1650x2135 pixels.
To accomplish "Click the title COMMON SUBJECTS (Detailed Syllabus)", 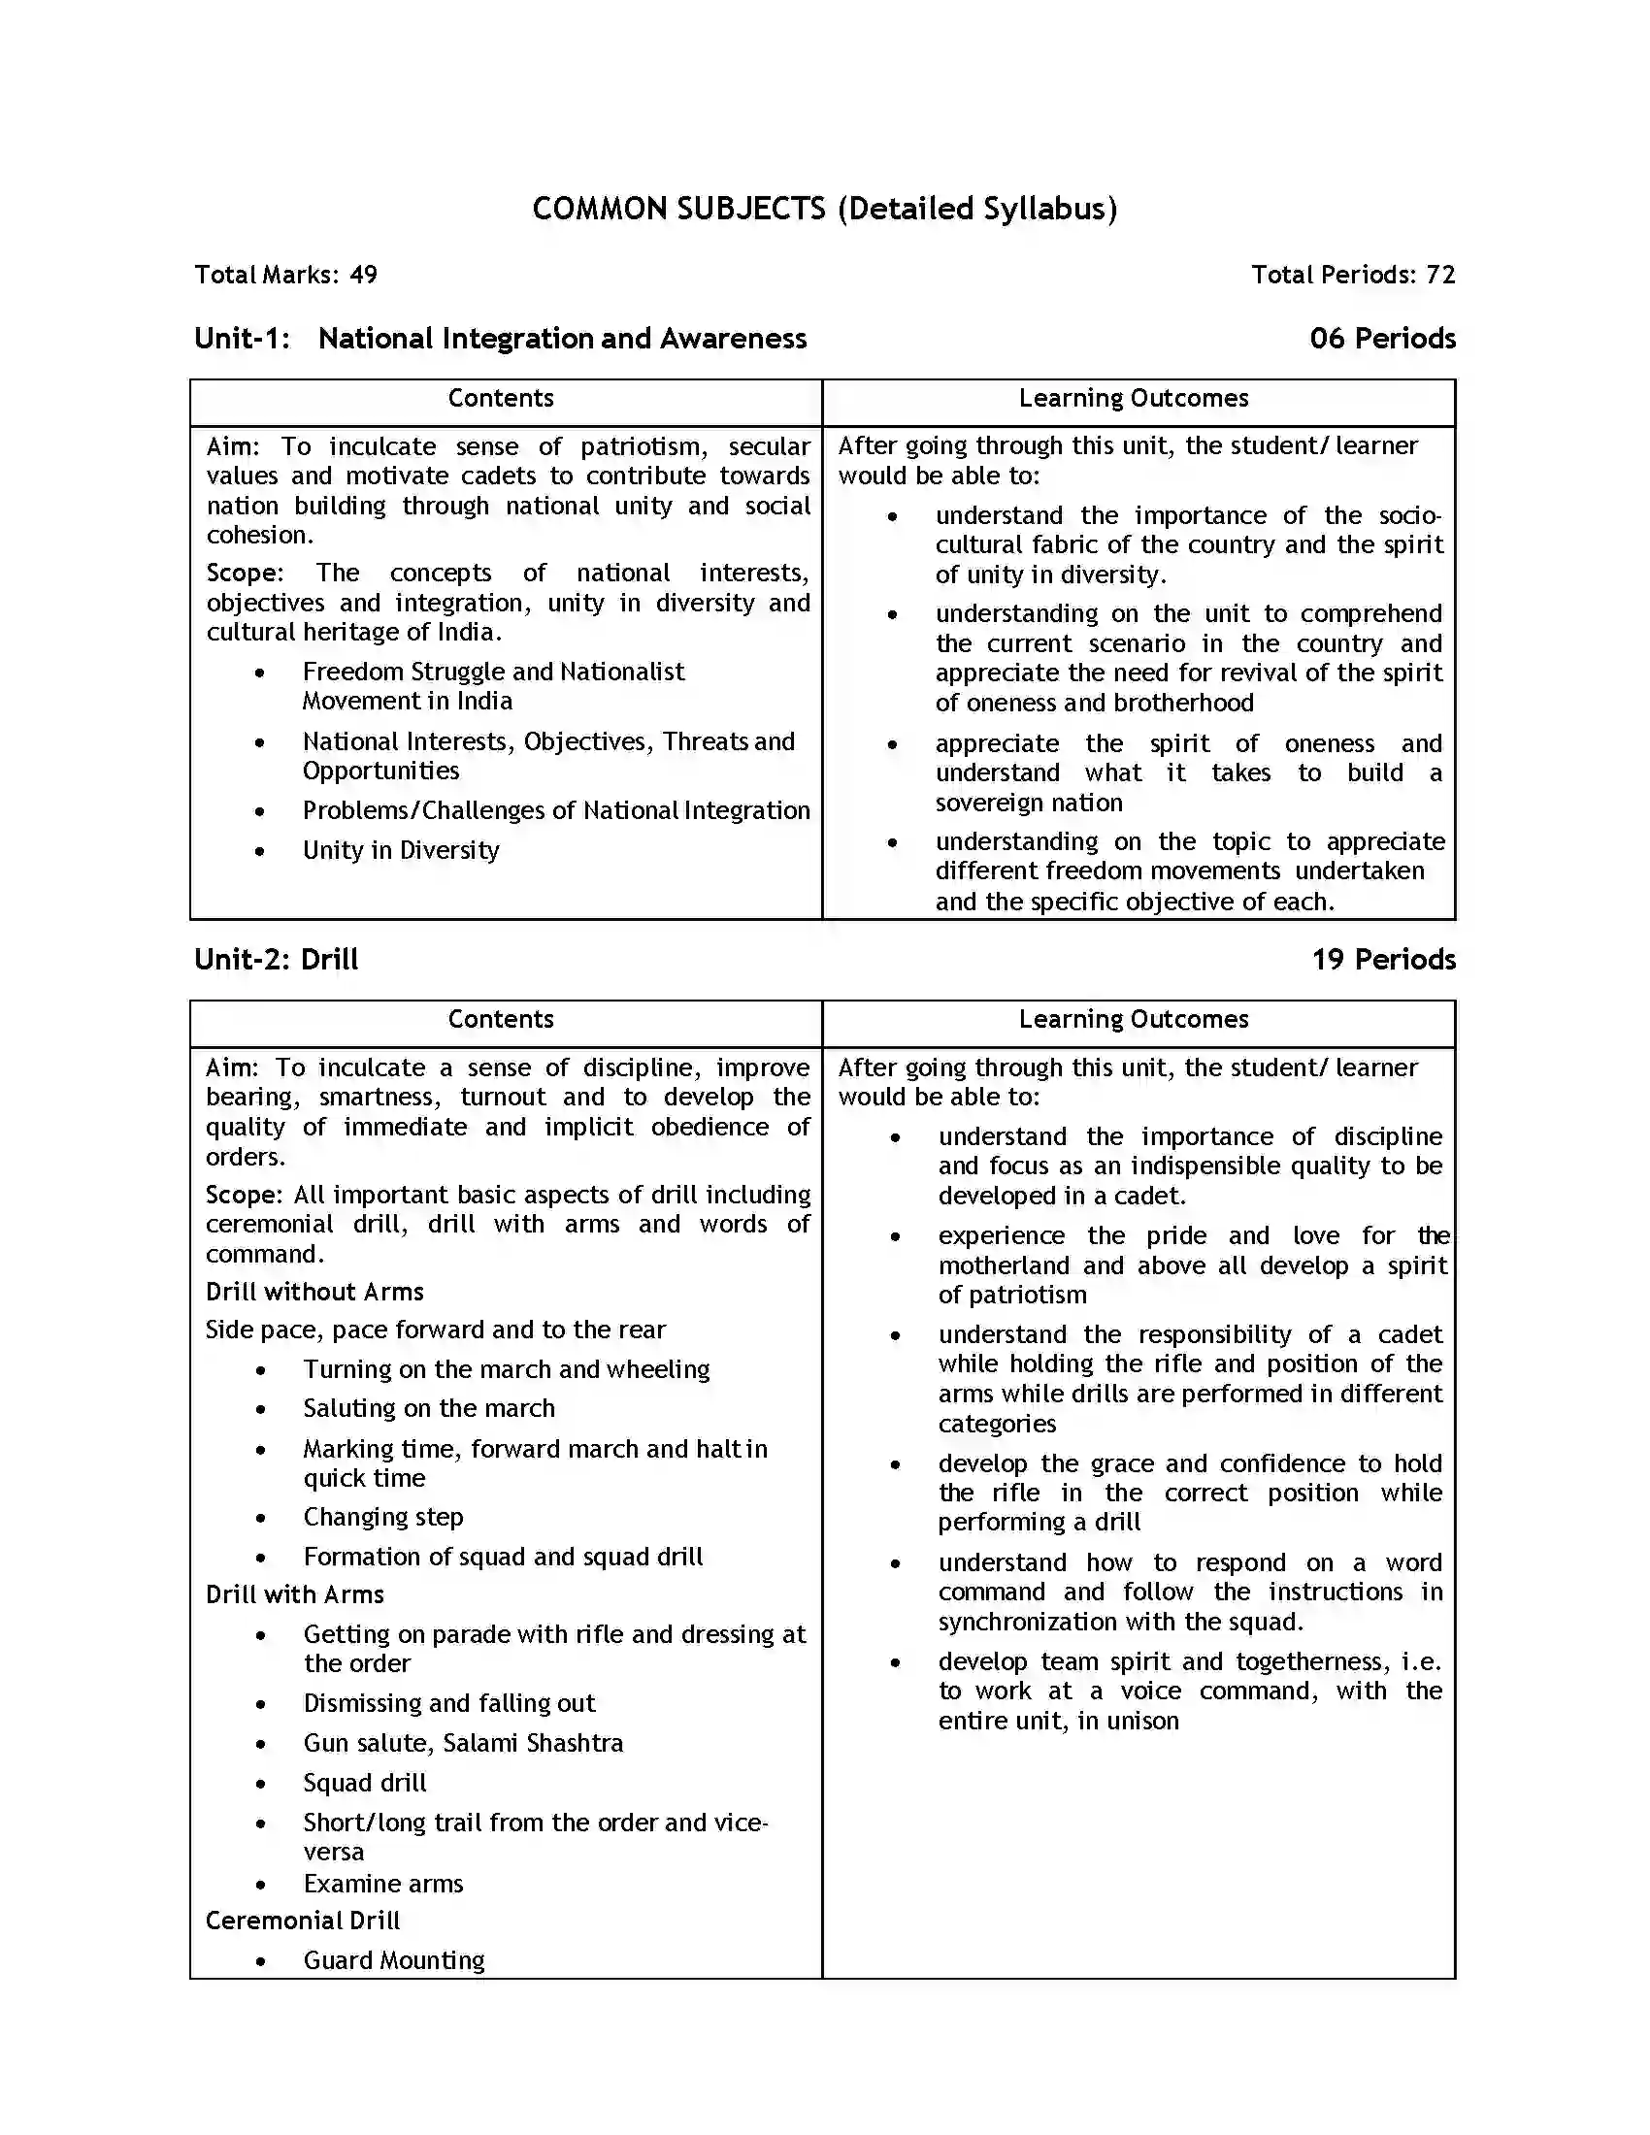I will [824, 209].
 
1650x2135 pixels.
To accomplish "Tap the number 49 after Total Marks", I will [363, 275].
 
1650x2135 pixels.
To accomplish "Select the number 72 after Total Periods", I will [1439, 275].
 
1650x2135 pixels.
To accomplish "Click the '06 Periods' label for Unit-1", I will [1382, 339].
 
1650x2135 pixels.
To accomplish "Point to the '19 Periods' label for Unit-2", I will [1383, 959].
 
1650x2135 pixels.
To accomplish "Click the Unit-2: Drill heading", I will [277, 959].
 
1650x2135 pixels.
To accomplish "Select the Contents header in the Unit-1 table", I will [501, 398].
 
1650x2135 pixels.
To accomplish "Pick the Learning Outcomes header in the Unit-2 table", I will [1133, 1019].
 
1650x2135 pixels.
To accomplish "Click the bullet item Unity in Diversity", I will [401, 850].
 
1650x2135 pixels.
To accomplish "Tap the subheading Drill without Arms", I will [313, 1292].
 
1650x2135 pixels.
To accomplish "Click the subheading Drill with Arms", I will [294, 1594].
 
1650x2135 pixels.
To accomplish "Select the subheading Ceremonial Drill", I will [302, 1920].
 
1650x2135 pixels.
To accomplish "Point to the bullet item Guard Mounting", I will [394, 1960].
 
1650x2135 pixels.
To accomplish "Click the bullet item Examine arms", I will [383, 1883].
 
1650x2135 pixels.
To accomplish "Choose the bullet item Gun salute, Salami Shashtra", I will [462, 1743].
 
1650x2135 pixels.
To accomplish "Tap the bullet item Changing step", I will [383, 1516].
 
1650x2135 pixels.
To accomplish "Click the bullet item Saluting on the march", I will [428, 1408].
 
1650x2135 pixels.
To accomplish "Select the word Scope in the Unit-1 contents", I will [243, 573].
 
